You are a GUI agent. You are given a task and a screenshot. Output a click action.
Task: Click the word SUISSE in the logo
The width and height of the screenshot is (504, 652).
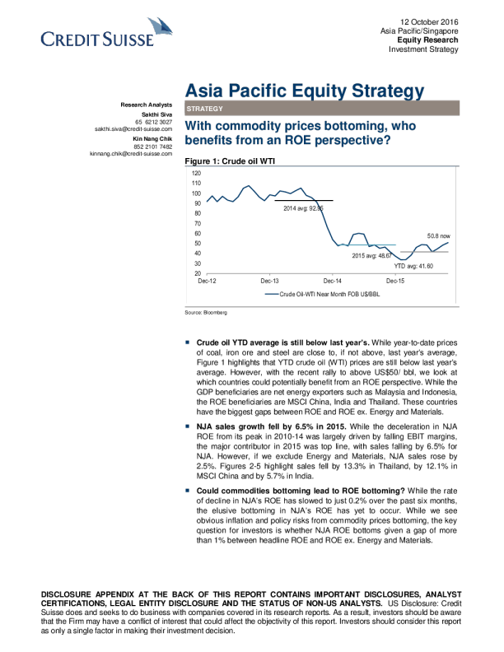click(x=127, y=39)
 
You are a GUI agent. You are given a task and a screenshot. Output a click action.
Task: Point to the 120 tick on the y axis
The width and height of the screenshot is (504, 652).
click(x=196, y=174)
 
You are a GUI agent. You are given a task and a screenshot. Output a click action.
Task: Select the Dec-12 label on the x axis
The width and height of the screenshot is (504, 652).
click(x=208, y=282)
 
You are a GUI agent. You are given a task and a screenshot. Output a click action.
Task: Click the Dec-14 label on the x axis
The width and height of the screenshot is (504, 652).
click(x=333, y=282)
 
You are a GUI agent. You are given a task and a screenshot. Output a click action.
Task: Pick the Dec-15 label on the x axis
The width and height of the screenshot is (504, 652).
click(x=395, y=282)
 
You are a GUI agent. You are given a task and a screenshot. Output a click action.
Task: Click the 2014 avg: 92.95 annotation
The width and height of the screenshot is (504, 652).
click(x=303, y=208)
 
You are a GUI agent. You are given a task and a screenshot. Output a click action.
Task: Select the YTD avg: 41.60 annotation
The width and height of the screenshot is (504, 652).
click(x=413, y=266)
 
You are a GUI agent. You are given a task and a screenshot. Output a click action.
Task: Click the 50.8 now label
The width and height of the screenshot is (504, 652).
click(x=438, y=235)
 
